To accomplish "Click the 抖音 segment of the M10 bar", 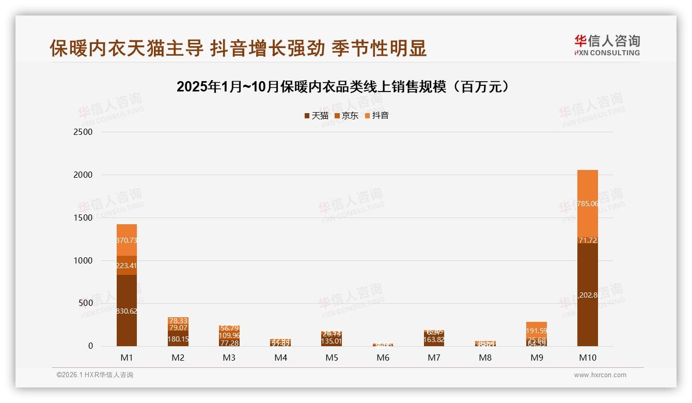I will click(587, 204).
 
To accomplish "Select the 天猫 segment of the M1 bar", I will click(127, 310).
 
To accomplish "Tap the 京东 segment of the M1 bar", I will click(127, 266).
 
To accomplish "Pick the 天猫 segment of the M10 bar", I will click(587, 295).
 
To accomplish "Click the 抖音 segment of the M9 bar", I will click(537, 330).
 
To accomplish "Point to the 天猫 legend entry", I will click(316, 116).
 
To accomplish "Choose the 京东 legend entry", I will click(346, 116).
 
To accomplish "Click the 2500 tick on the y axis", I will click(83, 132).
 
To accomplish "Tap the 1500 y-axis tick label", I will click(83, 218).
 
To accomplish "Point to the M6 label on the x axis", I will click(383, 358).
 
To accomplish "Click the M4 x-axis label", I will click(280, 358).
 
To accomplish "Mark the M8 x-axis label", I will click(485, 358).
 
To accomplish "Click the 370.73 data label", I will click(127, 240).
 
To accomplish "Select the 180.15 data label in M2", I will click(178, 339).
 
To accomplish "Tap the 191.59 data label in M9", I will click(537, 331).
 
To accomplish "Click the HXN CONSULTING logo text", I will click(607, 53).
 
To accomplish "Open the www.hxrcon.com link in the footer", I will click(600, 375).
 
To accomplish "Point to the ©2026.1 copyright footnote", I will click(95, 375).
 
